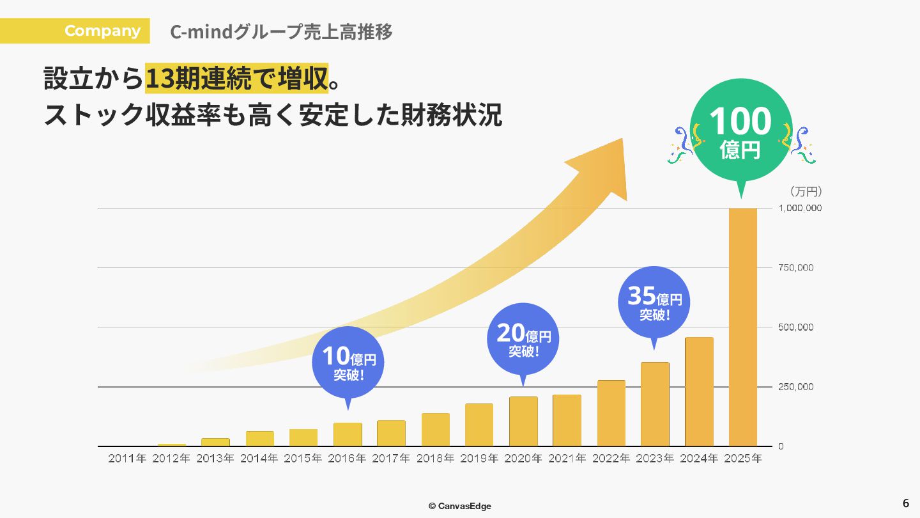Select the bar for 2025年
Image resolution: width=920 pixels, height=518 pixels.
742,327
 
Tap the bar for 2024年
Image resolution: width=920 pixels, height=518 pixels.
699,391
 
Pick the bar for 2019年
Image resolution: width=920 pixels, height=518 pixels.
479,425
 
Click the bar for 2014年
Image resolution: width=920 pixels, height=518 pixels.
260,439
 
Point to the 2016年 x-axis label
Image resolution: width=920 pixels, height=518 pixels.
347,459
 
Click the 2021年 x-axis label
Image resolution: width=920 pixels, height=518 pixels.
567,459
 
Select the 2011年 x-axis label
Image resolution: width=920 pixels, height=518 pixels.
127,459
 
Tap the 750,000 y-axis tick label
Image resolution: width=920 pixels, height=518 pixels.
795,268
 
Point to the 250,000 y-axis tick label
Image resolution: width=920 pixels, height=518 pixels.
795,387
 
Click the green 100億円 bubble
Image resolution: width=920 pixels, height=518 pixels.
740,131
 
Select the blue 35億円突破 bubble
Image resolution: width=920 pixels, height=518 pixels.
654,302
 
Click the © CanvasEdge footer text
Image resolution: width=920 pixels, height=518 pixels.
460,506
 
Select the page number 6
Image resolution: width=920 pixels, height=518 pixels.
905,503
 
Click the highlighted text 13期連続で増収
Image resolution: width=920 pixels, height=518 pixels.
236,79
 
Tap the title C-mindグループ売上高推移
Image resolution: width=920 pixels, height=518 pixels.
281,31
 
